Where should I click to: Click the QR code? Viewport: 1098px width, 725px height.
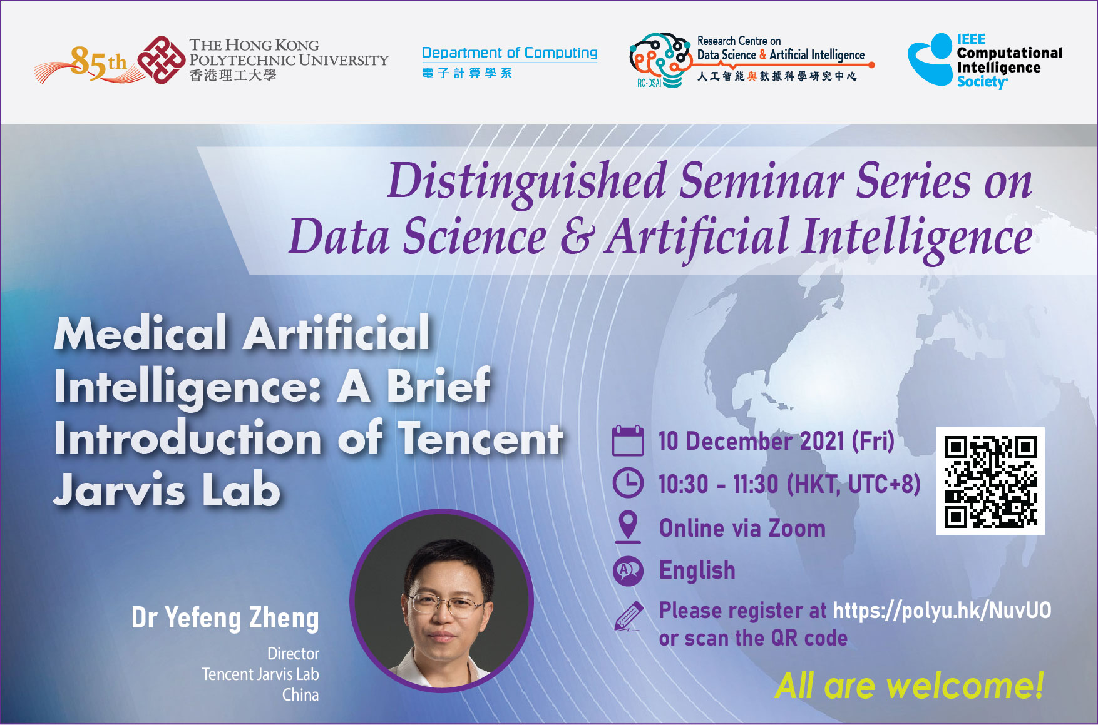point(990,481)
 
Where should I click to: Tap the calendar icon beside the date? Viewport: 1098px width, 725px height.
point(628,440)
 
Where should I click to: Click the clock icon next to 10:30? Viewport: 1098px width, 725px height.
point(628,483)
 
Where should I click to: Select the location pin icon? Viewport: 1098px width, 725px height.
point(628,527)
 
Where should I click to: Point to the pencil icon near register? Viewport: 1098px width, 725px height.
point(629,616)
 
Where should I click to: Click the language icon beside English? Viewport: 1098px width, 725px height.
point(628,570)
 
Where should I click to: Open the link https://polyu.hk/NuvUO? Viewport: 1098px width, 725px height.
point(942,611)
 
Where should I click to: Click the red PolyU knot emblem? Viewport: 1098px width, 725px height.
point(162,60)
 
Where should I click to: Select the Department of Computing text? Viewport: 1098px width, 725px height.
point(510,53)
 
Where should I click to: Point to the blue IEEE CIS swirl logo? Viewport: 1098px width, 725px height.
point(931,60)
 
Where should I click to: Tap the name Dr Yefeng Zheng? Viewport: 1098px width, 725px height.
point(225,618)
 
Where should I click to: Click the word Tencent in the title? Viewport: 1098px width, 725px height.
point(481,438)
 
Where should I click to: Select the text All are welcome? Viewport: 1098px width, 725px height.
point(910,686)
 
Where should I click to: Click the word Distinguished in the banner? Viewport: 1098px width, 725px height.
point(527,182)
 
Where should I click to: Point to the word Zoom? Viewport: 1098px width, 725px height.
point(797,529)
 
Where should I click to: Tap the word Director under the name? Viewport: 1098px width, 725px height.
point(293,654)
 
